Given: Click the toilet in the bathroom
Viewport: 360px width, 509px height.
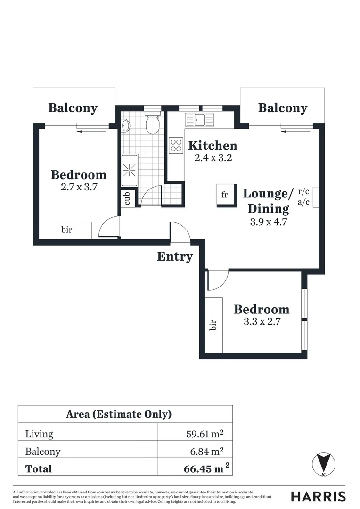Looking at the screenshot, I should (152, 124).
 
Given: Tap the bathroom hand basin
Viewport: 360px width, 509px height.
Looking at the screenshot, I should (126, 126).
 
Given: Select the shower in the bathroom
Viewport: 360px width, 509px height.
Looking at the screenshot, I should (129, 170).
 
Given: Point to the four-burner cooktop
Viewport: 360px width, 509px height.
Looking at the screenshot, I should (176, 145).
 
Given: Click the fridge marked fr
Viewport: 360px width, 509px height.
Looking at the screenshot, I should (224, 194).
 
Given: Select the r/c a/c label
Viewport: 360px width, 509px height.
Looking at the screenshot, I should (304, 197).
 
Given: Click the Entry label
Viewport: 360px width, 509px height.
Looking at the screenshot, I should (175, 257).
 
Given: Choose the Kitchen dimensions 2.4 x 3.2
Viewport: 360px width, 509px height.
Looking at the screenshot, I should (213, 158).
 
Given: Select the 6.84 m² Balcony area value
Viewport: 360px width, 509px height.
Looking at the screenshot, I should (206, 451).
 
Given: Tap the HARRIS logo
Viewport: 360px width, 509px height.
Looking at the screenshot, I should (318, 496).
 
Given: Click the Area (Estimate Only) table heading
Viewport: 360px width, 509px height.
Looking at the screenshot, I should (118, 414).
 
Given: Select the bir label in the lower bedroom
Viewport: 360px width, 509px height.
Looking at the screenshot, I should (213, 325).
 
